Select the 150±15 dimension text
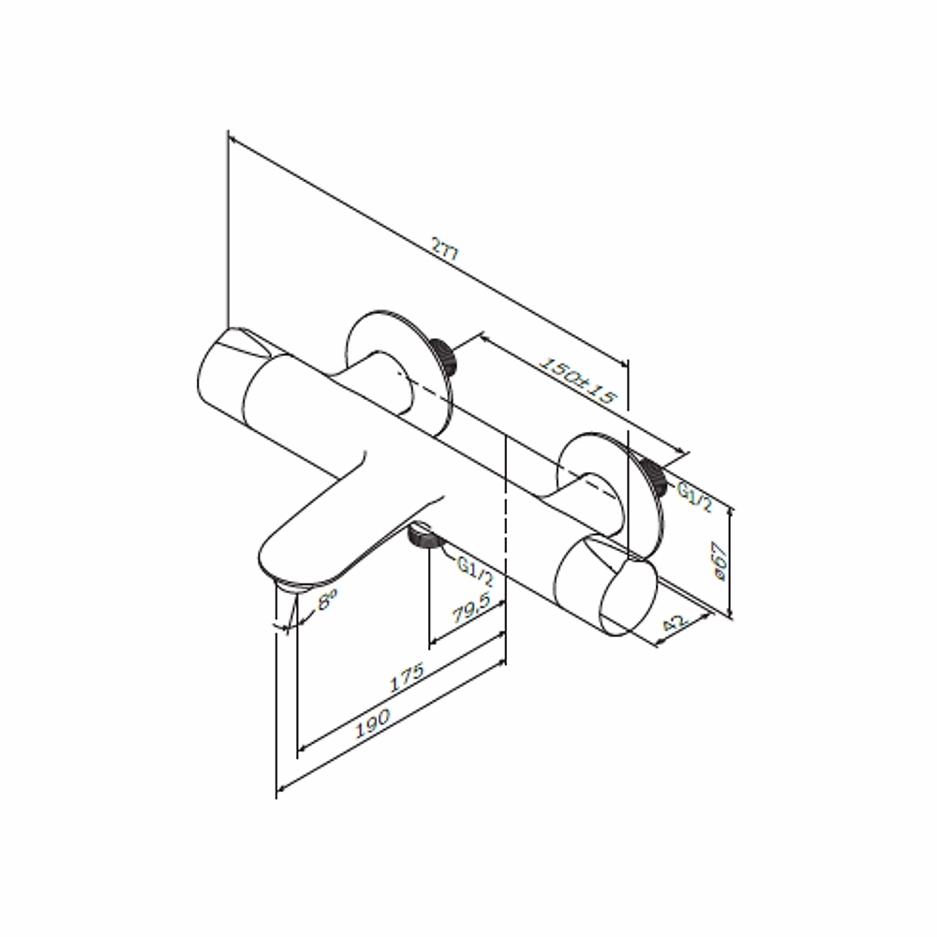pos(576,380)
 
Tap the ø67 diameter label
pos(720,561)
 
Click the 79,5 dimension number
pos(470,608)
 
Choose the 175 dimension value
pos(407,677)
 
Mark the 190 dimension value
pos(372,722)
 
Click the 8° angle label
pos(327,599)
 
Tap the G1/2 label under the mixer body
pos(475,571)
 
